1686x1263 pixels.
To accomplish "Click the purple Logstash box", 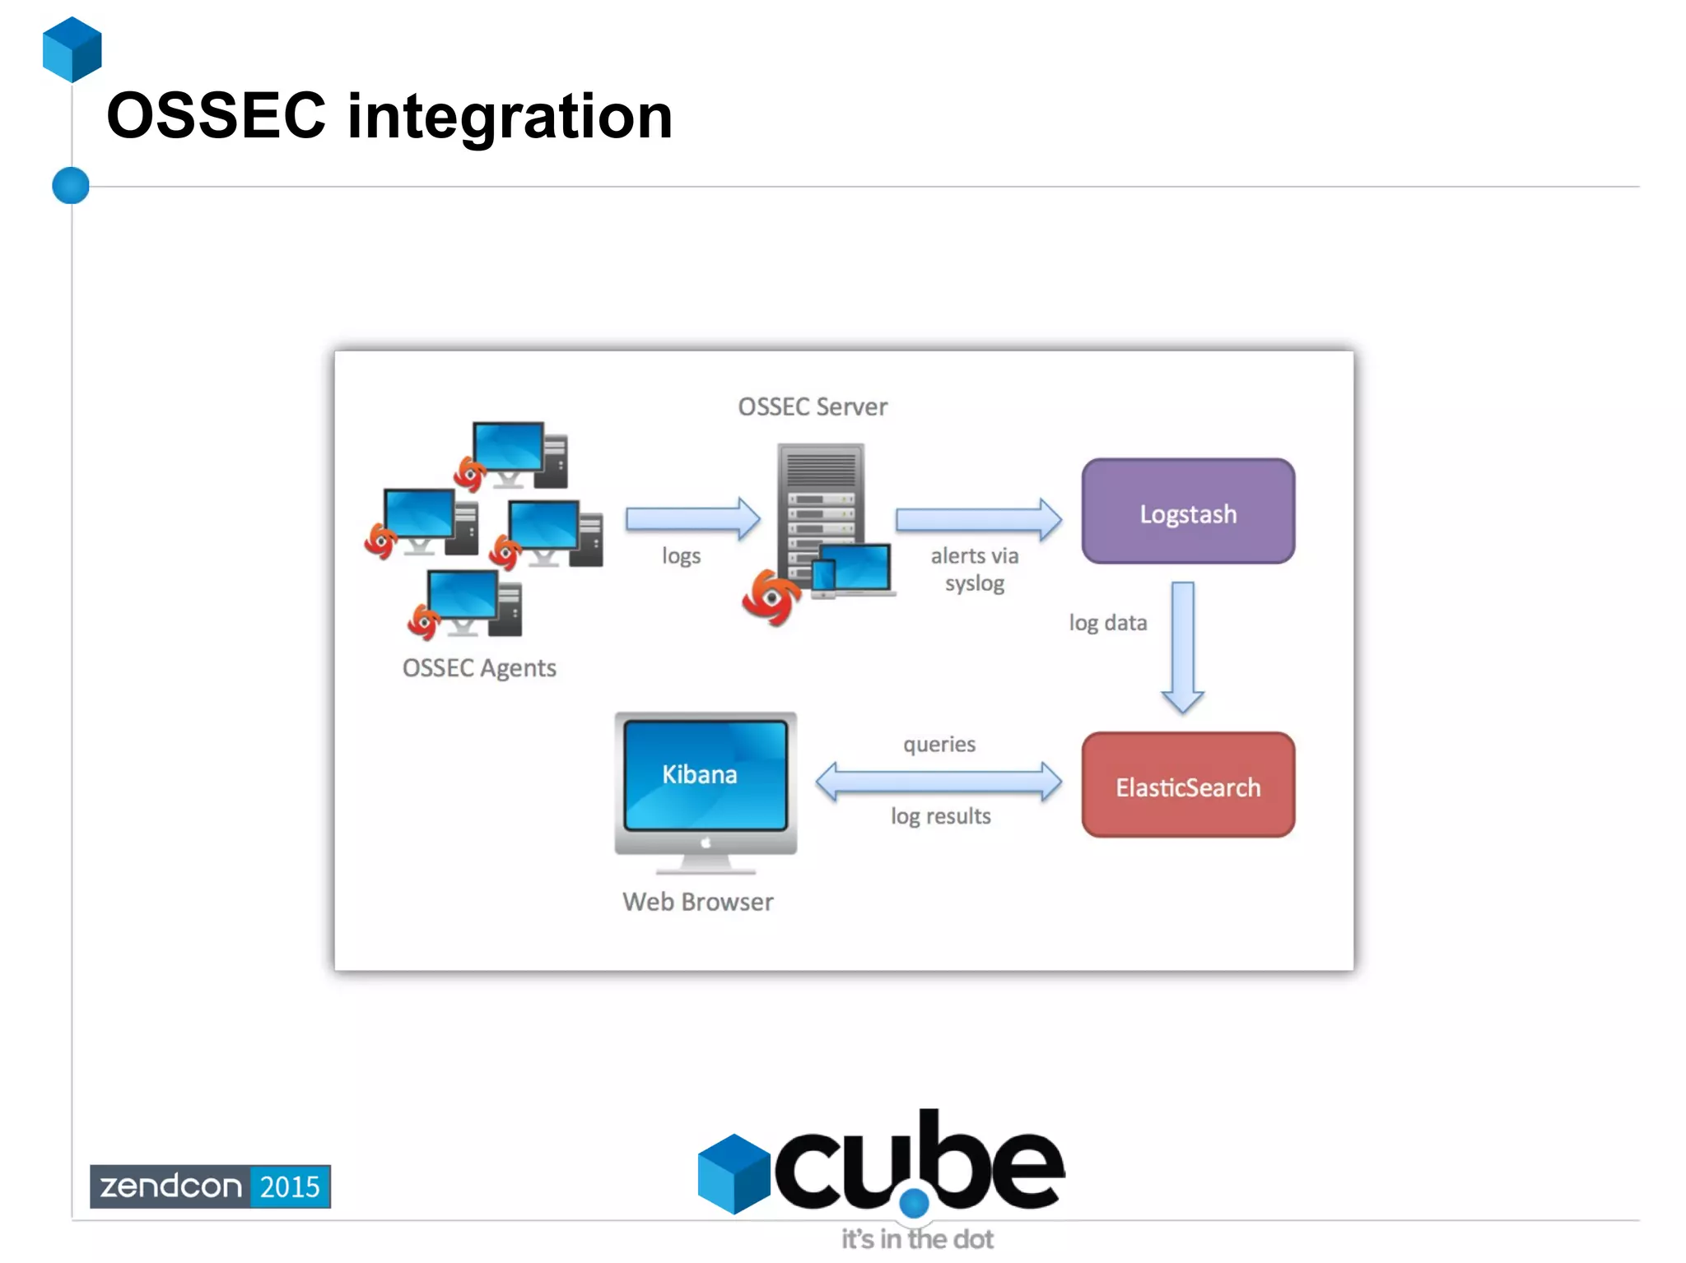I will point(1187,512).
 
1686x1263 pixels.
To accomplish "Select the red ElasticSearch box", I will point(1187,786).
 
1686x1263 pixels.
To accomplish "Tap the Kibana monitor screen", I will point(705,774).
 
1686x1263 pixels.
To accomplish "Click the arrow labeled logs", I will point(692,519).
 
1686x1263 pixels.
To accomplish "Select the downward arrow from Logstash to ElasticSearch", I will point(1182,646).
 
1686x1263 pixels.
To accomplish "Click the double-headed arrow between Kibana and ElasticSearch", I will point(938,781).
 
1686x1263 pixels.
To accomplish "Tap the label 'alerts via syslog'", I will point(975,569).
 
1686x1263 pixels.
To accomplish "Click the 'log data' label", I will point(1107,623).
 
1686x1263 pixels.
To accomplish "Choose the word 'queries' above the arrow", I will point(938,745).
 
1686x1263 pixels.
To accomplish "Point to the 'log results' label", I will point(940,816).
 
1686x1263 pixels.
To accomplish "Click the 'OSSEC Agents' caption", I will point(479,667).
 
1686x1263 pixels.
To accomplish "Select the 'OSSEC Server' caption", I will point(813,406).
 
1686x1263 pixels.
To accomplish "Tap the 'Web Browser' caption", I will point(697,902).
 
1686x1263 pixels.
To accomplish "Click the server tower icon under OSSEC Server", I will point(820,510).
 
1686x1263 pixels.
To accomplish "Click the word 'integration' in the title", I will point(510,116).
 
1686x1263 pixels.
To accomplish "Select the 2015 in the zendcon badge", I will point(289,1186).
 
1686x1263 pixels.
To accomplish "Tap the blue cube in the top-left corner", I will point(72,49).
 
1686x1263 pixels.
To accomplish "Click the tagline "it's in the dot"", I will point(916,1239).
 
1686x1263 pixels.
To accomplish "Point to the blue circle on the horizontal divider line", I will point(71,185).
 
